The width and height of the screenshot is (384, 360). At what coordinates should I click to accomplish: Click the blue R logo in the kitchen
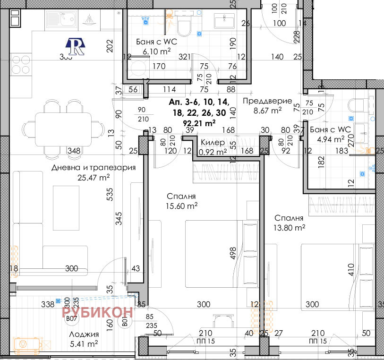[76, 46]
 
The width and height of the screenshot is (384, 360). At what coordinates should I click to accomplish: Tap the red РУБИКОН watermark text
[97, 311]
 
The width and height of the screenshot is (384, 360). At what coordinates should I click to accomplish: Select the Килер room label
[213, 143]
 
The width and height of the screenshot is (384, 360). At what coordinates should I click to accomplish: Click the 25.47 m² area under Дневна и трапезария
[94, 178]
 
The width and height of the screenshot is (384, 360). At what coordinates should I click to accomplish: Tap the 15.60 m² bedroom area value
[181, 206]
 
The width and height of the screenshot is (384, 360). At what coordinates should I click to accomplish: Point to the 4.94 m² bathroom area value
[330, 139]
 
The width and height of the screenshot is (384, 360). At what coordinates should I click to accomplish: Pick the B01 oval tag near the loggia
[125, 323]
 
